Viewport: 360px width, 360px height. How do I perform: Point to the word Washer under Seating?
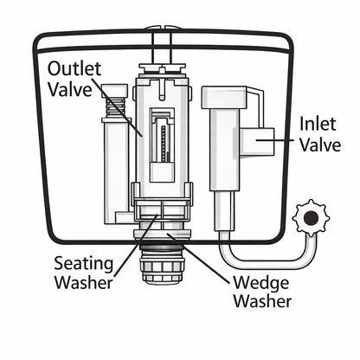pos(82,282)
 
